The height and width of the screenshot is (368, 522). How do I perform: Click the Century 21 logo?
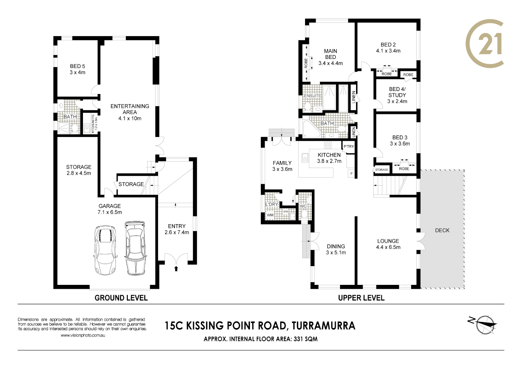[x=485, y=43]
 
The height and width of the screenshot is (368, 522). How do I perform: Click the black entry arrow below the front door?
[x=176, y=269]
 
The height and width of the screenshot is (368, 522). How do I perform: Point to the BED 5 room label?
[x=78, y=69]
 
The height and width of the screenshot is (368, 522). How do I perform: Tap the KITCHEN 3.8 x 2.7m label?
[x=329, y=158]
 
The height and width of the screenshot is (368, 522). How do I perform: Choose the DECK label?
[x=442, y=230]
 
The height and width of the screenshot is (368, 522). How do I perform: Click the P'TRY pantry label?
[x=349, y=147]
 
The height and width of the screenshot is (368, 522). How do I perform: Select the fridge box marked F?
[x=351, y=173]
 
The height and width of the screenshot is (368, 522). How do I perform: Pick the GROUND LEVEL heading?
[x=121, y=298]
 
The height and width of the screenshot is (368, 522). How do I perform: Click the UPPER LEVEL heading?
[x=361, y=298]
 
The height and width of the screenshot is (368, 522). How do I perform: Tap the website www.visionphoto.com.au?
[x=83, y=335]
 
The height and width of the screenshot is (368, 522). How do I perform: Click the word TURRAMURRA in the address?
[x=323, y=326]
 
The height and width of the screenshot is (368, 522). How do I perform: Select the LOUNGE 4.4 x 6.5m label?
[x=388, y=244]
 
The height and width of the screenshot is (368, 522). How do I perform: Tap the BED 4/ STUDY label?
[x=397, y=95]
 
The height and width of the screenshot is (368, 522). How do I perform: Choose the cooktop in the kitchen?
[x=328, y=145]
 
